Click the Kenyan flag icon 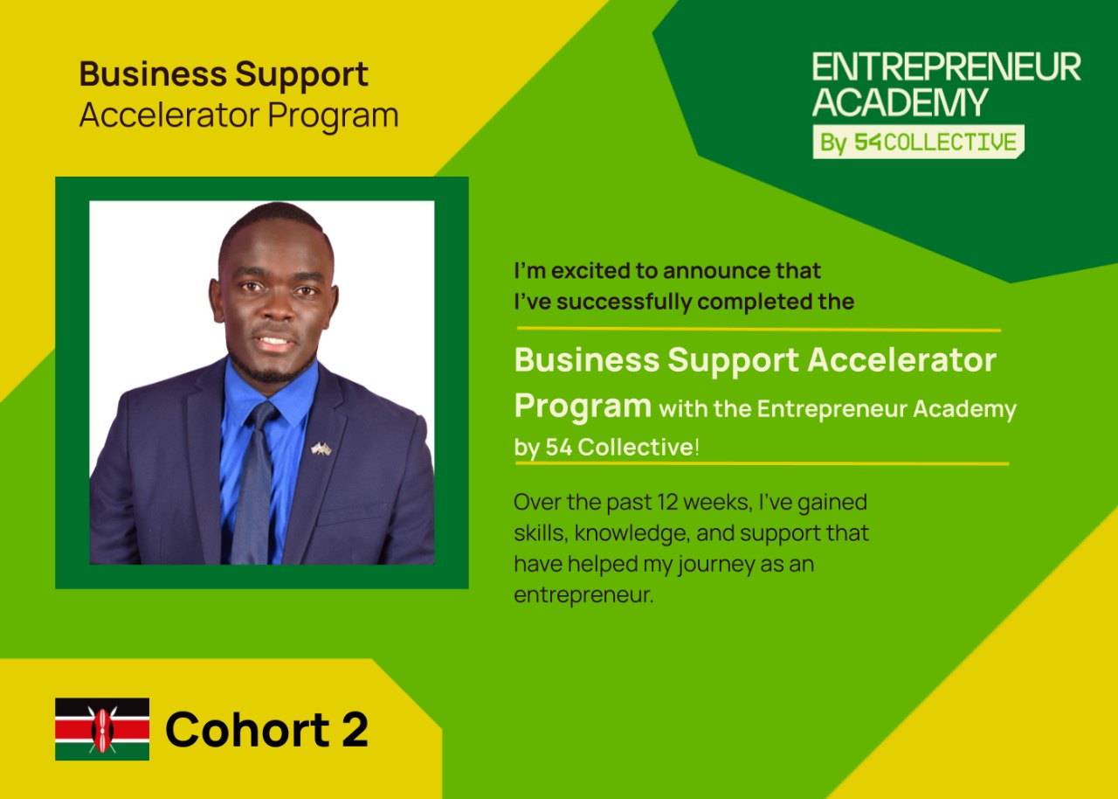click(102, 728)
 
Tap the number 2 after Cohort click(355, 730)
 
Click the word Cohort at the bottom click(247, 730)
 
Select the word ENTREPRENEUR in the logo click(946, 67)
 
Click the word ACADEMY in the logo click(900, 102)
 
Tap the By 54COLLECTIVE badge click(918, 142)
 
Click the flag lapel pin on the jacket click(321, 448)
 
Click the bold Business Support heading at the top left click(224, 75)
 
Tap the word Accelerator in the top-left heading click(169, 115)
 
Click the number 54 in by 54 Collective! click(558, 448)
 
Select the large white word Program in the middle click(583, 407)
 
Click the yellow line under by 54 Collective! click(763, 464)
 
